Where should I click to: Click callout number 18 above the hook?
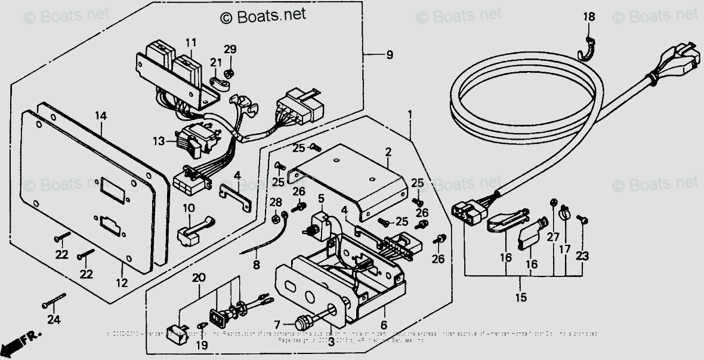click(589, 17)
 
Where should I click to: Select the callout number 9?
click(389, 56)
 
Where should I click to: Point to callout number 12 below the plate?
click(122, 283)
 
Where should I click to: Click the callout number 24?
click(54, 320)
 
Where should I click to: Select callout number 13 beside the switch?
click(158, 141)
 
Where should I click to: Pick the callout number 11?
click(190, 42)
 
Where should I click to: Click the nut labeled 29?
click(228, 73)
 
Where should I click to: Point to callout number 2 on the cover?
click(388, 152)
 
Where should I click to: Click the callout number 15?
click(521, 297)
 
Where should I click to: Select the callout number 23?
click(582, 256)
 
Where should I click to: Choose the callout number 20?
click(199, 278)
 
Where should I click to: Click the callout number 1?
click(410, 113)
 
